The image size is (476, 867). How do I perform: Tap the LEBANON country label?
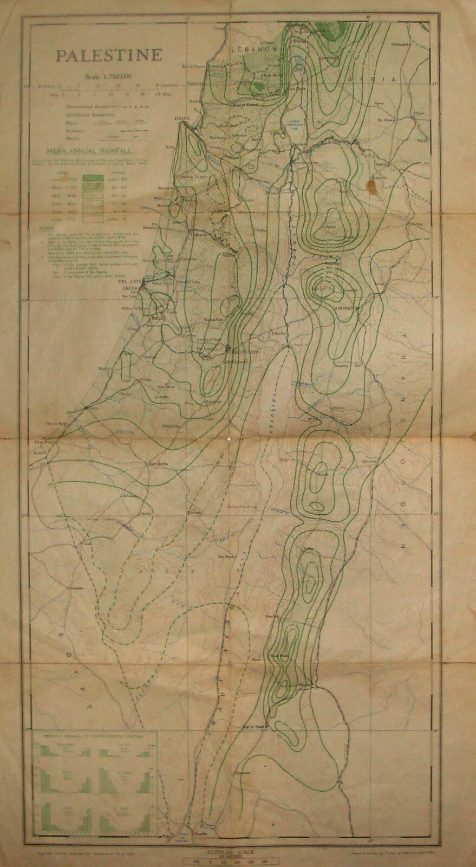(x=253, y=48)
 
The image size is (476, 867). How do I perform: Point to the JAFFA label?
(x=126, y=289)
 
